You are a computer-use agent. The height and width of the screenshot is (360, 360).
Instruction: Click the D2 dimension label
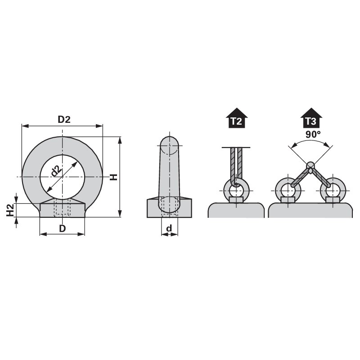pos(64,120)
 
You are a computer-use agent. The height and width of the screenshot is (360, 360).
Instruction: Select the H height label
pos(113,177)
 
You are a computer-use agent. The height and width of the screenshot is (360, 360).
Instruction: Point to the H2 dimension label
pos(10,210)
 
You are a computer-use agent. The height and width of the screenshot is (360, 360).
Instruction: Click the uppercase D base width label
pos(63,229)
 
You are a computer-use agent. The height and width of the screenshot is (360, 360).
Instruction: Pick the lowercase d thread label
pos(169,228)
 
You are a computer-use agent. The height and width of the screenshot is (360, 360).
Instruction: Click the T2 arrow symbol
pos(237,118)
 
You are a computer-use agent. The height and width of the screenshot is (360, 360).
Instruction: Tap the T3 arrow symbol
pos(311,118)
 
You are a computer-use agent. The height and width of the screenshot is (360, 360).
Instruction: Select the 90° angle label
pos(313,134)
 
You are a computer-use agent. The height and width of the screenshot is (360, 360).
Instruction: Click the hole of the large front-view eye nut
pos(62,177)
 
